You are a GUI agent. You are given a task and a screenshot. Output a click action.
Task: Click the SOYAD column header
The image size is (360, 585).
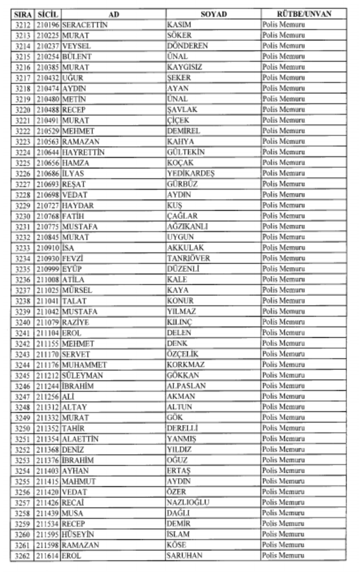coord(213,14)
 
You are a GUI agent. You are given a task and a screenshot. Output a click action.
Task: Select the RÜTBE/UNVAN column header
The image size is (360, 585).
coord(303,14)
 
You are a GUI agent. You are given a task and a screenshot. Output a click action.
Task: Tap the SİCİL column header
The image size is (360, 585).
coord(48,14)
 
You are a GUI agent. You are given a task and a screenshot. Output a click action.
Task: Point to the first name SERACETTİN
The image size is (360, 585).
coord(85,25)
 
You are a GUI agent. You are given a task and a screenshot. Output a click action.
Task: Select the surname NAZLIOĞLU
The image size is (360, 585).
coord(188,502)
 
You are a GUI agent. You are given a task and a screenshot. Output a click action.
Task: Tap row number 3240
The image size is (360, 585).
coord(23,322)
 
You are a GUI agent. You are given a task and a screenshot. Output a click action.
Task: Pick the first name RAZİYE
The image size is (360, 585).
coord(75,322)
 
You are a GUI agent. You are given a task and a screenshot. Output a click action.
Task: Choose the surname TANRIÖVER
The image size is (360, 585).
coord(188,258)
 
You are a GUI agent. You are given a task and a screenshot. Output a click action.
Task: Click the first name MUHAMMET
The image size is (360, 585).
coord(84,364)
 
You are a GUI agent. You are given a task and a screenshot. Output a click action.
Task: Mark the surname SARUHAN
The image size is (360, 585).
coord(184,555)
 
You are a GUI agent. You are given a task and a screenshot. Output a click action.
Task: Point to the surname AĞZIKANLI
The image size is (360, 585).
coord(187,226)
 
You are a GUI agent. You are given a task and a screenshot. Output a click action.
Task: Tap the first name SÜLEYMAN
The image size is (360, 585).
coord(82,375)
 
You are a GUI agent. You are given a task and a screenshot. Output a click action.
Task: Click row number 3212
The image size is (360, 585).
coord(23,25)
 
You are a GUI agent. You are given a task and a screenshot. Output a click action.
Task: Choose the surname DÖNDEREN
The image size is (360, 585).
coord(187,46)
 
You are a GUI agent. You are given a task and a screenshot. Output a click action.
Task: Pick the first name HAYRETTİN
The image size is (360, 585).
coord(83,152)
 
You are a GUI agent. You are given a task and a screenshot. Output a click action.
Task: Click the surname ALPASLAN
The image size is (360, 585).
coord(186,386)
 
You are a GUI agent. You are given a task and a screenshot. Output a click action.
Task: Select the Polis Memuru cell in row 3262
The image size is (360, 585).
coord(283,555)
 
